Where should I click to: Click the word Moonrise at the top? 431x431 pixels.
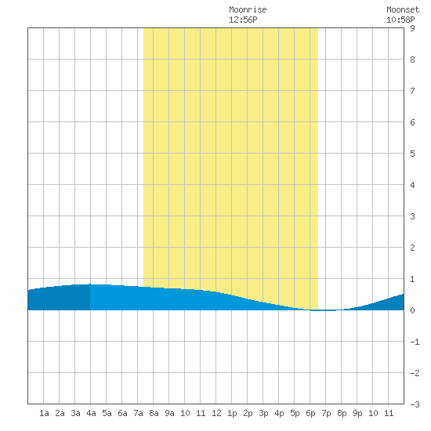248,9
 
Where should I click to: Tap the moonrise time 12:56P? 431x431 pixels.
243,20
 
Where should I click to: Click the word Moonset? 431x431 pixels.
403,9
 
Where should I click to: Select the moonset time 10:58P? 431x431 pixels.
400,20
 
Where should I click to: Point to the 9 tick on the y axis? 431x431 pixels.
412,28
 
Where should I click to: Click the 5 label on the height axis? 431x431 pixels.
412,154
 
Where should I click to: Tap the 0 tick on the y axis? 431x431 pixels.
412,310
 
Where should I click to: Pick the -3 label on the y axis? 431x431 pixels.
415,404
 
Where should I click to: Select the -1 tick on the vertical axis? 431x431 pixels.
415,342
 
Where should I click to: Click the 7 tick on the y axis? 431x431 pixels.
412,91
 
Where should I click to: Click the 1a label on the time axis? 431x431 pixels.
44,413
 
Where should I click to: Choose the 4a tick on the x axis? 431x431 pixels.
91,413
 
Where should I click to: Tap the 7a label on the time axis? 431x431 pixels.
138,413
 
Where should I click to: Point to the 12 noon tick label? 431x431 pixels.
216,413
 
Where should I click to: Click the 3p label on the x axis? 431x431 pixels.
263,413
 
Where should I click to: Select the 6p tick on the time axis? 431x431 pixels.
310,413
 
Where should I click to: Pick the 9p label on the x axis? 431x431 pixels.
357,413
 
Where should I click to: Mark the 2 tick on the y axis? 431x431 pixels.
412,248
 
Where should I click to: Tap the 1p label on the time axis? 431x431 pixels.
232,413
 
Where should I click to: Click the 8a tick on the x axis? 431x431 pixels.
154,413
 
